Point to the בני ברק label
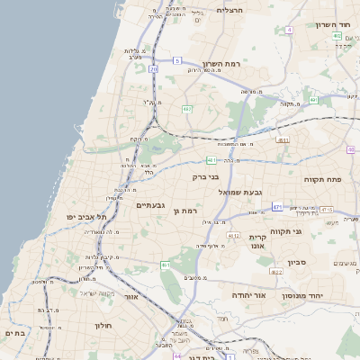[207, 177]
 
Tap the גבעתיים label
[155, 205]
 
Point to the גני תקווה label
[310, 231]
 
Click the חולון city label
[103, 325]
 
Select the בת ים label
[15, 333]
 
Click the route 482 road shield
[187, 109]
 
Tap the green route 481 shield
[211, 160]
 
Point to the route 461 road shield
[166, 265]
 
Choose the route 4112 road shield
[233, 236]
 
